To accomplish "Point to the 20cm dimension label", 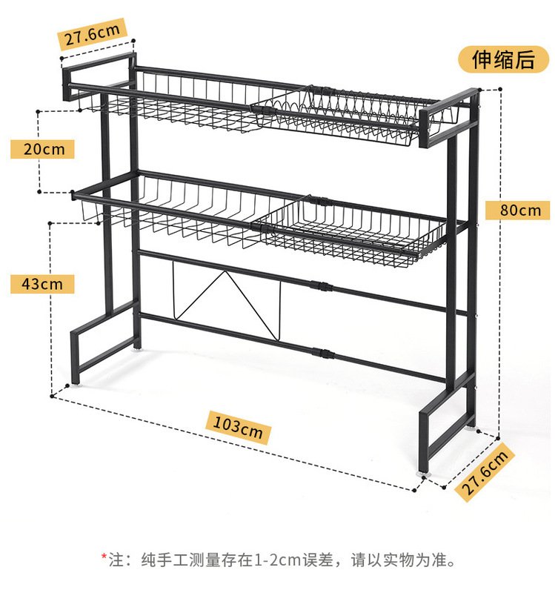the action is [42, 149].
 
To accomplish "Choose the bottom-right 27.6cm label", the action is [486, 473].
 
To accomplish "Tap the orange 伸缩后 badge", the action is [504, 61].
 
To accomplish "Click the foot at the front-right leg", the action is [425, 469].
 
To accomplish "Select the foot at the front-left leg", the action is [76, 385].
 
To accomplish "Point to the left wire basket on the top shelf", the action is [178, 104].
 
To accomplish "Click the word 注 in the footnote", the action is [116, 557].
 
